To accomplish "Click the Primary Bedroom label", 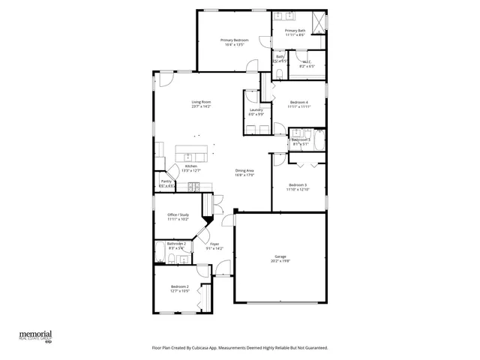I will pos(235,40).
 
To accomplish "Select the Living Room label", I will pos(201,102).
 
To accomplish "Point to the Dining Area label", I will pos(244,170).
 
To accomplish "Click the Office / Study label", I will pos(178,214).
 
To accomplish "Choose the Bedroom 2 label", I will pos(178,286).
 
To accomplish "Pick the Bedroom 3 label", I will pos(298,184).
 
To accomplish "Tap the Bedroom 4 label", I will pos(298,102).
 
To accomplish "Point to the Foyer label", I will pos(214,244).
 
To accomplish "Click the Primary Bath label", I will pos(295,31).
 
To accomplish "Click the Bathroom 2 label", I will pos(177,243).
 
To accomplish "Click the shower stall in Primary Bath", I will pos(319,22).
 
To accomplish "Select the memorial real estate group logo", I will pos(35,334).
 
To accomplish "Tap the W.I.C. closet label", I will pos(307,62).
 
